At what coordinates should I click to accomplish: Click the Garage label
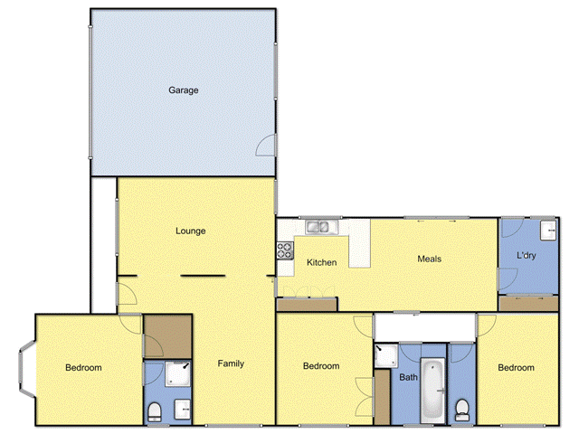[x=183, y=90]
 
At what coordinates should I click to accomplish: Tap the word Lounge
[x=191, y=231]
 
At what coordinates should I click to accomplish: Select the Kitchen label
[x=322, y=263]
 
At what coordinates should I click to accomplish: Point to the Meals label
[x=430, y=259]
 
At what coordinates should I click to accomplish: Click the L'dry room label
[x=527, y=257]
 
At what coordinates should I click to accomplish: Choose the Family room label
[x=231, y=364]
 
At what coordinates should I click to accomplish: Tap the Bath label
[x=408, y=378]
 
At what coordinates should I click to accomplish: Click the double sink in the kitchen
[x=320, y=227]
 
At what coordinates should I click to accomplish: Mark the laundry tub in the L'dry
[x=547, y=231]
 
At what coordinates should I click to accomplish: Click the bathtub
[x=432, y=389]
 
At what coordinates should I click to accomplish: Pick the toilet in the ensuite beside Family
[x=154, y=412]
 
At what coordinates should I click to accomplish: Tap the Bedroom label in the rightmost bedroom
[x=516, y=368]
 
